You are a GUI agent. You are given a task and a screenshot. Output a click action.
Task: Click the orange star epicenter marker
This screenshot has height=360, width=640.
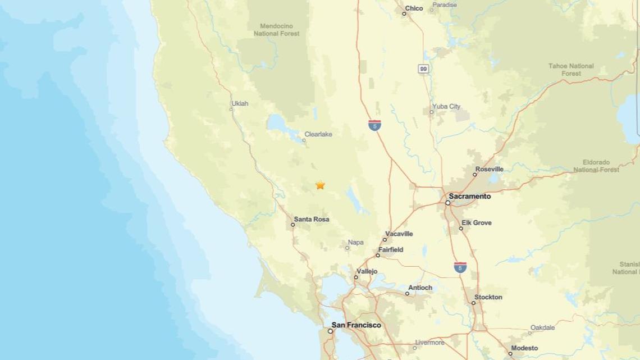pos(320,185)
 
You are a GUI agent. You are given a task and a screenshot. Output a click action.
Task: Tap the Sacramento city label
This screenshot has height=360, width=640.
pos(469,197)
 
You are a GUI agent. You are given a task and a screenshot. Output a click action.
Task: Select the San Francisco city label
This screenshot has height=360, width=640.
pos(356,325)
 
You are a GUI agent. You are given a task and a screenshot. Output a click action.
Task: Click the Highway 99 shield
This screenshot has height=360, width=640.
pos(423,69)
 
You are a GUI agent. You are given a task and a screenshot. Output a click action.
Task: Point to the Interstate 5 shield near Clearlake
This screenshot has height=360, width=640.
pos(374,125)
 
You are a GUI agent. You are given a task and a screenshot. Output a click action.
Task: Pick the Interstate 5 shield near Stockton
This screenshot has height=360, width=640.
pos(460,267)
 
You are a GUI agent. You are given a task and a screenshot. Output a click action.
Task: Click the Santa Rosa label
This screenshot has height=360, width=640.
pos(311,219)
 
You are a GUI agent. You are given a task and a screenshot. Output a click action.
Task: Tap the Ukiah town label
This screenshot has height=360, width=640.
pos(240,103)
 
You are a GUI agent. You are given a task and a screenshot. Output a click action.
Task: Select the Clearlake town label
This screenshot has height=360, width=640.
pos(318,134)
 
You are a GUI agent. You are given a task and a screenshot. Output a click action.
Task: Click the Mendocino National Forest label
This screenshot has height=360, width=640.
pos(276,30)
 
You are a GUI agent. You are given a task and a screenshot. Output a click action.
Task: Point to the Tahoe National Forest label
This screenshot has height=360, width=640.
pos(571,70)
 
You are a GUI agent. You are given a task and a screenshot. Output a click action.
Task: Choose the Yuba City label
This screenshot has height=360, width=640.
pos(446,106)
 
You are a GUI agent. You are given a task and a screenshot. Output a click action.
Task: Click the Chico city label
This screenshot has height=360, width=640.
pos(414,8)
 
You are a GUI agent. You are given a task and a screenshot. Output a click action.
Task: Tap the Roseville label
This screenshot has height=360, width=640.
pos(489,169)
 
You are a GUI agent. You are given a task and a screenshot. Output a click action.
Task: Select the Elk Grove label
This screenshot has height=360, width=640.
pos(476,223)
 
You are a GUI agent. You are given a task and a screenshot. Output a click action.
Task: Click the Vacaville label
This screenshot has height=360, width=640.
pos(399,234)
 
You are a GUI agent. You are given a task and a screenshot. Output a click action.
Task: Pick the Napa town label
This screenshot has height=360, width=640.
pos(355,243)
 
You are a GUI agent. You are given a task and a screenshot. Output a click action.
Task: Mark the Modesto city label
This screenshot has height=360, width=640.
pos(524,348)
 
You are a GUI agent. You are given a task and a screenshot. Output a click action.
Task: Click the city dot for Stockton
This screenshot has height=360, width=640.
pos(473,303)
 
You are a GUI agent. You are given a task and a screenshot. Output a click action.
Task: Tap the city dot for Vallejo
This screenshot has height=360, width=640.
pos(356,277)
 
